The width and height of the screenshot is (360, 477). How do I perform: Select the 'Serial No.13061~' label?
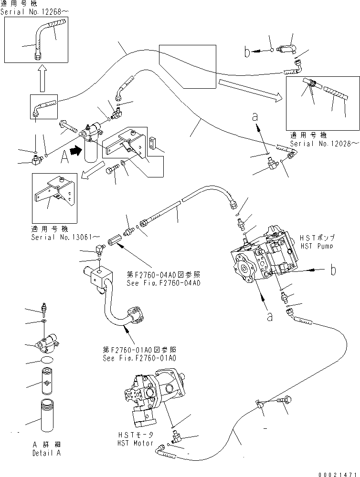coord(65,237)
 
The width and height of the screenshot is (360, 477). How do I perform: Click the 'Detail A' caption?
coord(46,453)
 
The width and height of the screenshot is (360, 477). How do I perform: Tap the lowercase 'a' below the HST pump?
coord(270,316)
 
